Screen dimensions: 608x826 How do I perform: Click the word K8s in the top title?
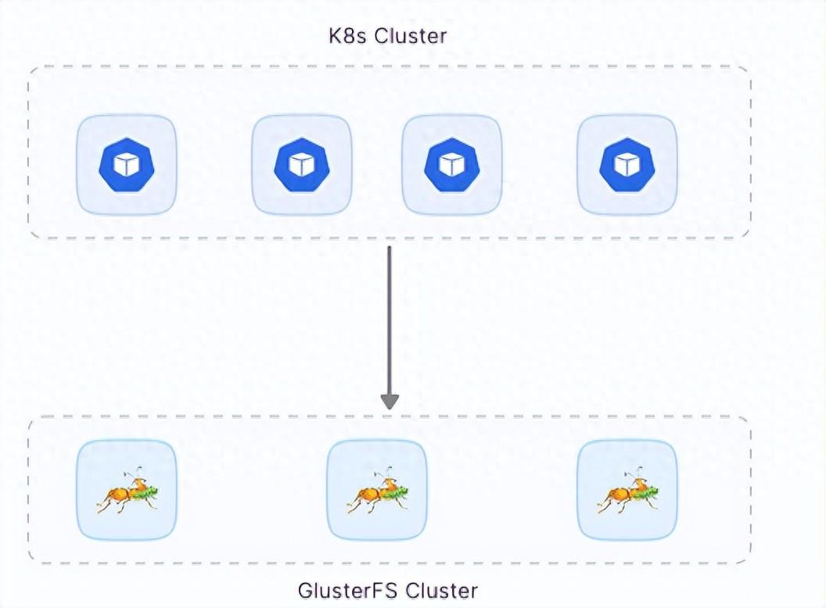tap(347, 36)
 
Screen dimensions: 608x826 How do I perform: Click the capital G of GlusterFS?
tap(306, 589)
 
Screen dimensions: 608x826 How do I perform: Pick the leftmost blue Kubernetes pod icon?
tap(127, 165)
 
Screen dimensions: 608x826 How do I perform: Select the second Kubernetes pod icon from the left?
tap(302, 165)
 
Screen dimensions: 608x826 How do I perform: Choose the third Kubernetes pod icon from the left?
tap(452, 165)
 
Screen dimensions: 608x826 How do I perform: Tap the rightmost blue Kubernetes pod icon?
tap(627, 165)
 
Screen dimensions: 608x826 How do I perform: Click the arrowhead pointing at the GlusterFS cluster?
tap(390, 401)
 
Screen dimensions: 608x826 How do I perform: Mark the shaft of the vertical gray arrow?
tap(390, 320)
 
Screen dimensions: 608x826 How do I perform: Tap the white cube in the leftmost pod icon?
tap(127, 165)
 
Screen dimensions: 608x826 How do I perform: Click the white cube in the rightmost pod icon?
tap(627, 165)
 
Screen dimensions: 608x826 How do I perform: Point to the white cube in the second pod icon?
tap(302, 165)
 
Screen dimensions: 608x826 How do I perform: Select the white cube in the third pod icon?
tap(452, 165)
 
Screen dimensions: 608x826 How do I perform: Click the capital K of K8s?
tap(335, 36)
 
